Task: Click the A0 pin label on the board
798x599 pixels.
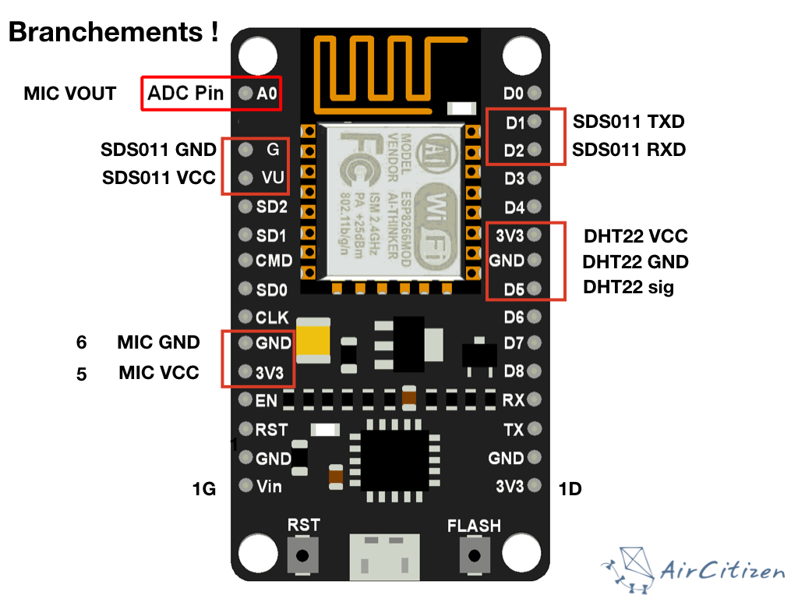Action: [x=267, y=94]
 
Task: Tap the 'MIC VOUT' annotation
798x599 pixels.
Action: [x=70, y=94]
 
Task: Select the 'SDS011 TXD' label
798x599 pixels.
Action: [x=629, y=121]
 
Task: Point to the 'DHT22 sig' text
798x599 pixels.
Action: [x=628, y=288]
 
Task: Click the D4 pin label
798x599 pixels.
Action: [x=514, y=207]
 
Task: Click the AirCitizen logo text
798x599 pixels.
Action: [x=720, y=571]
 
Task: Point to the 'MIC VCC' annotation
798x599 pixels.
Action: [x=158, y=373]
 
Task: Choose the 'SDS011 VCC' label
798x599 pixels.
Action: [x=158, y=178]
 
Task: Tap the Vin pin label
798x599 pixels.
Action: [x=269, y=487]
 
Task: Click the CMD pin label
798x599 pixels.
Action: [x=274, y=261]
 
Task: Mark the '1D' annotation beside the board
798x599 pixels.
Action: [x=570, y=489]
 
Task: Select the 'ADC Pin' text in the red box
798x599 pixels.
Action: [x=185, y=94]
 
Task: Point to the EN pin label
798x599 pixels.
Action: [x=266, y=401]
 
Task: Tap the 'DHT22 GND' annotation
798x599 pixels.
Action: [x=635, y=262]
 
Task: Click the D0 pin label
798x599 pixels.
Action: [x=514, y=94]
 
